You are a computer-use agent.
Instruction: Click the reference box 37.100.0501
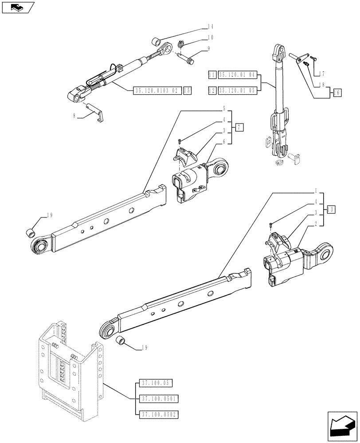pyautogui.click(x=158, y=398)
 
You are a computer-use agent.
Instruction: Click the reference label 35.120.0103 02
pyautogui.click(x=157, y=90)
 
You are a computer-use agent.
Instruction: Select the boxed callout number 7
pyautogui.click(x=239, y=128)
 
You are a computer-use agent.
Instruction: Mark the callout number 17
pyautogui.click(x=323, y=73)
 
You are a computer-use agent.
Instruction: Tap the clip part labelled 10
pyautogui.click(x=180, y=44)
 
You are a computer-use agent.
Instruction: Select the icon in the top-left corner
pyautogui.click(x=18, y=7)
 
